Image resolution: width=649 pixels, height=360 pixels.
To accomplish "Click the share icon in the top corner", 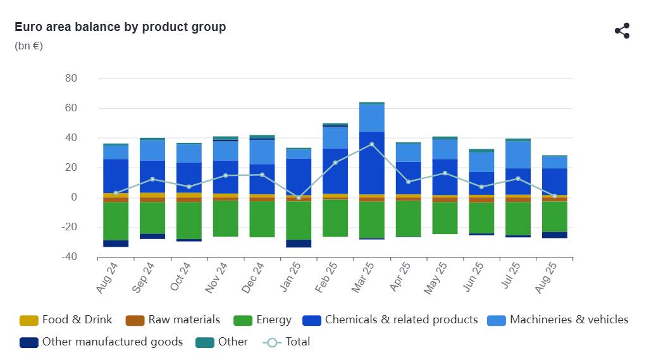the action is pos(622,30).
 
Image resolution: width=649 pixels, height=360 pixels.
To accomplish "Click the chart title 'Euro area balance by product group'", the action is pos(120,27).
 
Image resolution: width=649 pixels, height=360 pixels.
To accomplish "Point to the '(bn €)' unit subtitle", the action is pos(28,46).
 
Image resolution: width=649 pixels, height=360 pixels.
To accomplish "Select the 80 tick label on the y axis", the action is pos(71,78).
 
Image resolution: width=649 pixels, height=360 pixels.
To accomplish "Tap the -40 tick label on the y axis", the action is pos(69,256).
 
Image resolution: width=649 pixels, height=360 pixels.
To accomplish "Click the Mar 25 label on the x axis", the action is pos(362,277).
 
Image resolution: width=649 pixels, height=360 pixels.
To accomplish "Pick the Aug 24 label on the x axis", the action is pos(107,278).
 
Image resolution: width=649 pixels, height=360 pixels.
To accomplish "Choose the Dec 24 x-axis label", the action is pos(252,278).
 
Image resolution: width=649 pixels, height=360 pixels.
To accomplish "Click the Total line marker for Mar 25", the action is pos(372,144).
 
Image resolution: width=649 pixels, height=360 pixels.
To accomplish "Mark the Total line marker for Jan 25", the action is pos(299,198).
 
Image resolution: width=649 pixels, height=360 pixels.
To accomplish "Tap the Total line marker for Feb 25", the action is pos(335,163).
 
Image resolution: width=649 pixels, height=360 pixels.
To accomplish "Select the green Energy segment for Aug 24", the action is pos(116,221).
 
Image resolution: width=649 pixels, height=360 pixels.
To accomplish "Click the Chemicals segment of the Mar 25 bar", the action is pos(372,163).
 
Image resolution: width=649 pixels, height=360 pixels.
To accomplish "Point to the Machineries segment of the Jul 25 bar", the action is pos(518,155).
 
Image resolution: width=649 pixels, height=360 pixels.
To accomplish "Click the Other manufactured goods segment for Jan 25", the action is pos(299,244).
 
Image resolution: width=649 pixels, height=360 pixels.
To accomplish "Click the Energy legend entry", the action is pos(263,320).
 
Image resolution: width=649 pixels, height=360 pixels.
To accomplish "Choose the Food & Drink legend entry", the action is pos(66,320).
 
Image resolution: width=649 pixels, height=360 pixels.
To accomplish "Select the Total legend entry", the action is pos(287,342).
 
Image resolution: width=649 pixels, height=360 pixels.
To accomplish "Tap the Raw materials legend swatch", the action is pos(135,320).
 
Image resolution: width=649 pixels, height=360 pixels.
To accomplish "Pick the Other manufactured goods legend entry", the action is pos(101,342).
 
